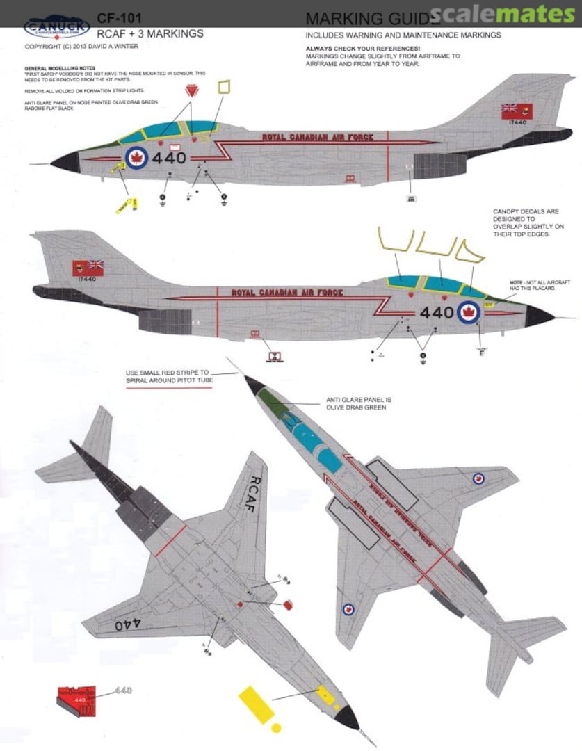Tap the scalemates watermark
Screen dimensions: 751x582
[504, 15]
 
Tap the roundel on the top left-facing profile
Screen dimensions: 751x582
[137, 158]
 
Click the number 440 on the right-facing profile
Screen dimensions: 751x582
[437, 313]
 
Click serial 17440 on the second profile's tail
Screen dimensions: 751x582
[87, 279]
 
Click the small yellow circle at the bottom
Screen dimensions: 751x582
[277, 728]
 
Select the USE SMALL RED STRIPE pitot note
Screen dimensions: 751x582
[169, 377]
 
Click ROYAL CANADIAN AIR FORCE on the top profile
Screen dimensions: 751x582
[318, 137]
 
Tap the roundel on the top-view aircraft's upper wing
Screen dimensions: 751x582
[478, 478]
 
